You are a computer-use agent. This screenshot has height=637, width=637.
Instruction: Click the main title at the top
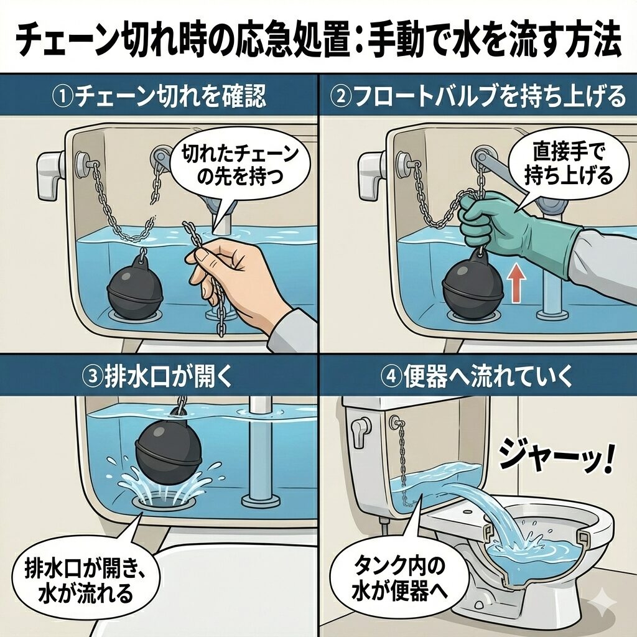(x=318, y=39)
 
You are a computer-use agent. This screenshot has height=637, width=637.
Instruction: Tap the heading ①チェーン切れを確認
(x=160, y=96)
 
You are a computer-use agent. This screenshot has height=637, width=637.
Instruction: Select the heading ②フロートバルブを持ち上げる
(x=478, y=96)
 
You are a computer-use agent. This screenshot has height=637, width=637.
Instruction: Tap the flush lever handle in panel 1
(x=51, y=170)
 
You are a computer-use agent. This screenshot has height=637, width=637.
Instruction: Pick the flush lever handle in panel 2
(x=371, y=170)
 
